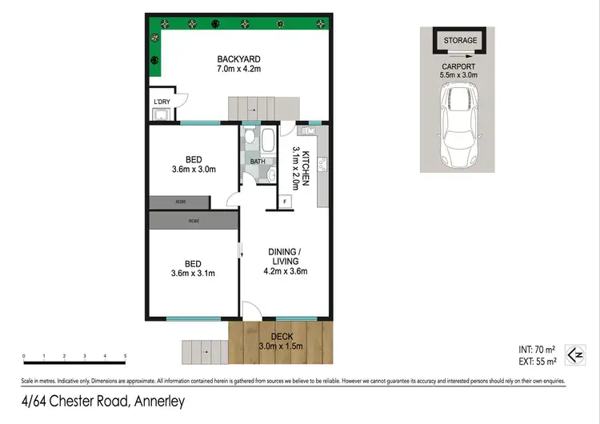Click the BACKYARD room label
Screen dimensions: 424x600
[240, 59]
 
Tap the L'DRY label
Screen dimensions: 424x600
[161, 102]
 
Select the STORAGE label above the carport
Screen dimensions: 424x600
[460, 40]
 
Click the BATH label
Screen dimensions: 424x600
[257, 161]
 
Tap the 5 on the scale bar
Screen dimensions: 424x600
[126, 355]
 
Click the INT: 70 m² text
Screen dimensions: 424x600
[535, 349]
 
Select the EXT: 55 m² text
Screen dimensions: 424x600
[535, 361]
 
